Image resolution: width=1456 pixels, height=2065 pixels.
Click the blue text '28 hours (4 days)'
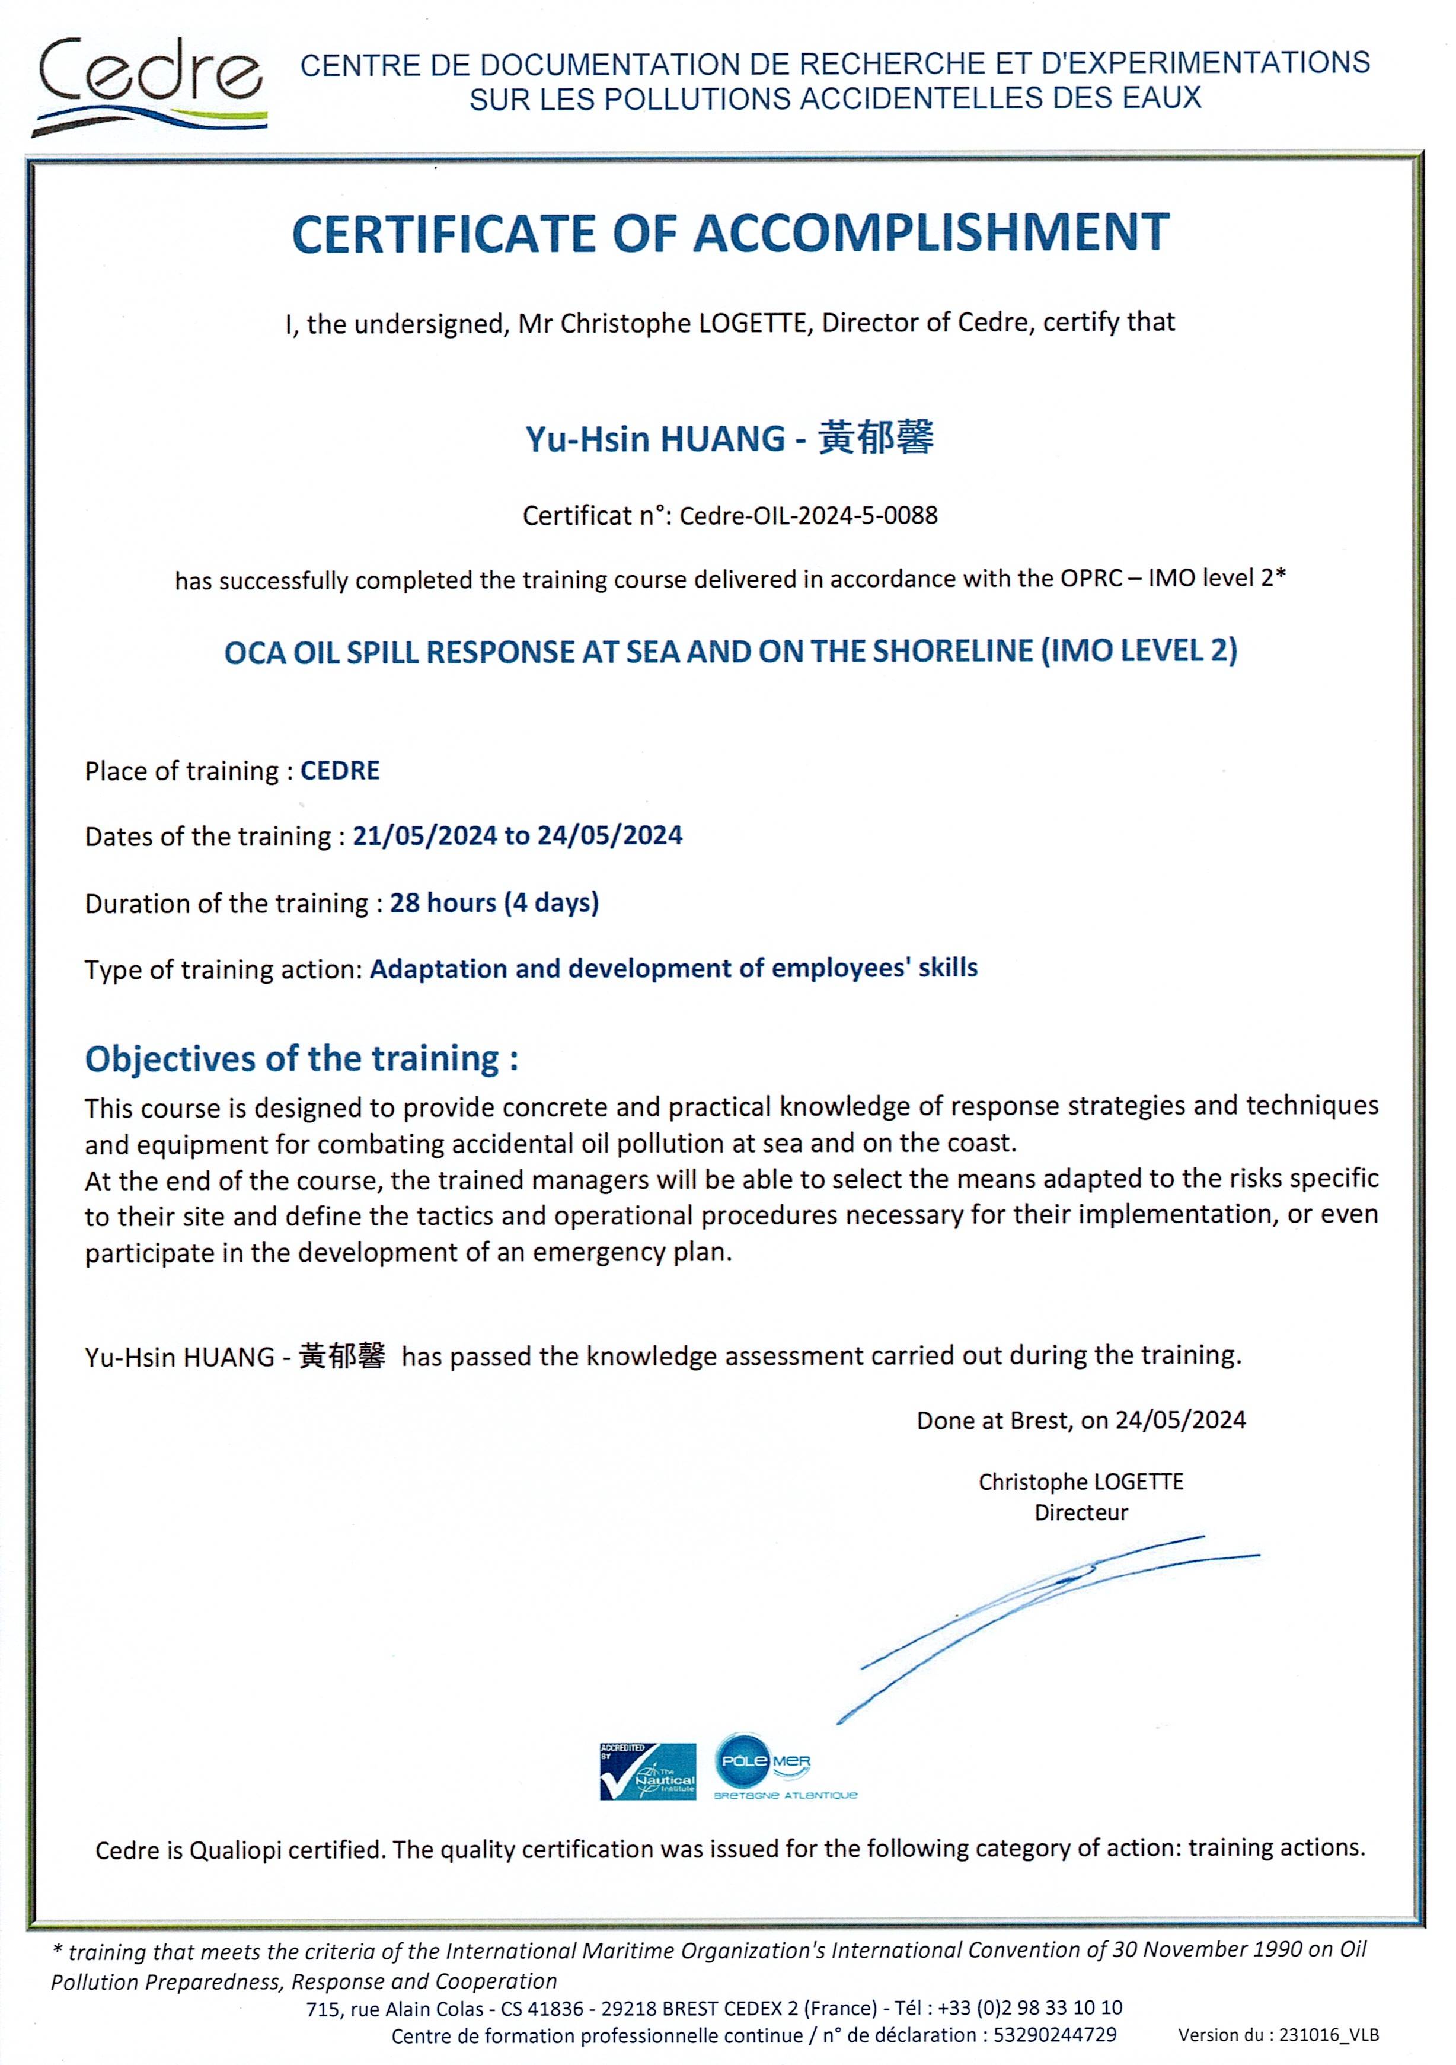click(x=494, y=902)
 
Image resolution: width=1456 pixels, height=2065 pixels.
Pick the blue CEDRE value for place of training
click(x=340, y=771)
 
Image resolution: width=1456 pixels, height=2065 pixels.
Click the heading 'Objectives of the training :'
click(x=301, y=1058)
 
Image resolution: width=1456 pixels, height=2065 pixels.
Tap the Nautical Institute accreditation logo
click(x=647, y=1771)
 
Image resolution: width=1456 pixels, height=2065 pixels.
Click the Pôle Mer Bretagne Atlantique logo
click(x=783, y=1767)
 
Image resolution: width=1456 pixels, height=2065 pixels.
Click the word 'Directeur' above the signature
click(x=1081, y=1513)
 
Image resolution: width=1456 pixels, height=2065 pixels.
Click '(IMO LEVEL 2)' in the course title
click(x=1139, y=650)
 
